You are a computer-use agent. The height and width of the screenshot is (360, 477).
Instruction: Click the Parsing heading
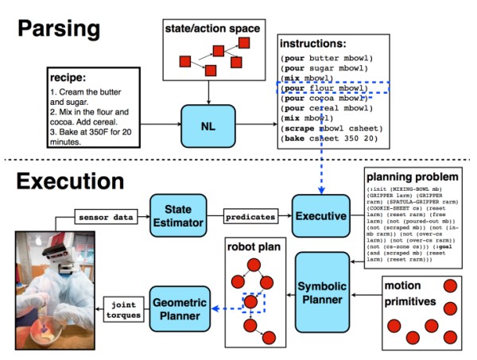point(59,29)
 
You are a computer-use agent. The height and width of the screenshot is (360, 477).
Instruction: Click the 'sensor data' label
point(102,215)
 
